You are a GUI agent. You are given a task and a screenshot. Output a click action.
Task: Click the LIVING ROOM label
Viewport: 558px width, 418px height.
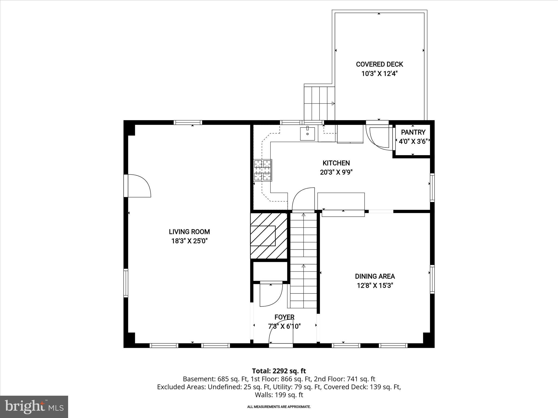[x=189, y=232]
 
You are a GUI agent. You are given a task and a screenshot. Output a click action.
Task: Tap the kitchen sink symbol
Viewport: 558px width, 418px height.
[x=307, y=133]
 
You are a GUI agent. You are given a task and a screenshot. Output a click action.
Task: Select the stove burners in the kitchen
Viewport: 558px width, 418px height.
[x=263, y=170]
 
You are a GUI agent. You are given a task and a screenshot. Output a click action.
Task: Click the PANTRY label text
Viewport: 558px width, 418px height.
[x=413, y=132]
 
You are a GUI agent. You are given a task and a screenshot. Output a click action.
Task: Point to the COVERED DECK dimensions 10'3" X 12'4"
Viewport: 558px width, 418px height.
[x=379, y=73]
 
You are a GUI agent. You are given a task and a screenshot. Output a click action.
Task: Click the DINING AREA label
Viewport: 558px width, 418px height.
[x=375, y=276]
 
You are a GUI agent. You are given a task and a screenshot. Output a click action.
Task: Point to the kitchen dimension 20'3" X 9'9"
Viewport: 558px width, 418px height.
[x=336, y=172]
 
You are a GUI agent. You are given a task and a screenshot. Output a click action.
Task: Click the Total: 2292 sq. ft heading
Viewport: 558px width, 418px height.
[x=279, y=371]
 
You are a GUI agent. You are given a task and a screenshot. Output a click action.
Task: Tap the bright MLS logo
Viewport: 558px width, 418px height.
[x=34, y=407]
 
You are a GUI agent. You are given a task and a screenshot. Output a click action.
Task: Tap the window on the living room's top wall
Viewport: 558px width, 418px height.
[x=188, y=122]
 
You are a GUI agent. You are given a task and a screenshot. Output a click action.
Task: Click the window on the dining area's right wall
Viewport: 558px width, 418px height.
[x=432, y=279]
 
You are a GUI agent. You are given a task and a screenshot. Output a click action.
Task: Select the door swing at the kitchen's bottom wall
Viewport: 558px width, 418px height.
[x=303, y=199]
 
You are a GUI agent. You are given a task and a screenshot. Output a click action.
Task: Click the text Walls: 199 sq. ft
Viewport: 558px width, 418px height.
[x=279, y=395]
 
